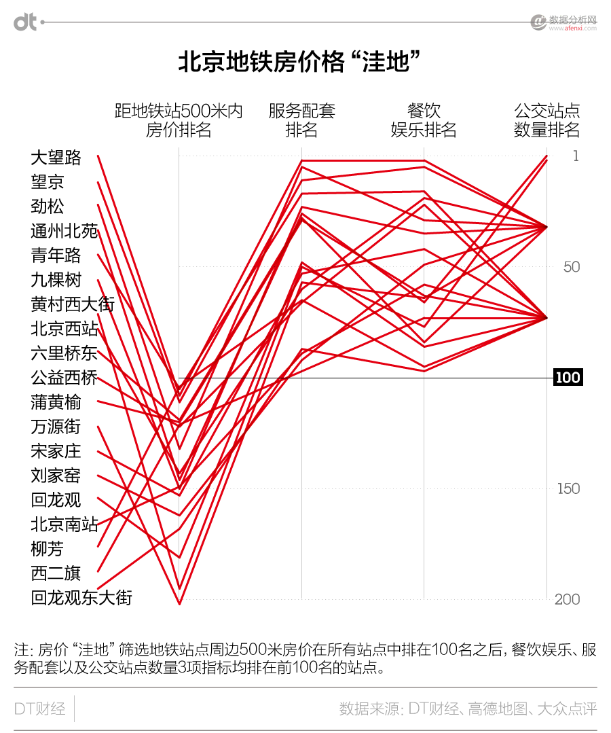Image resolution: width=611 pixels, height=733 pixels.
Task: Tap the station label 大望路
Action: click(56, 158)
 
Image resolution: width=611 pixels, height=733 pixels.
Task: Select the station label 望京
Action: click(48, 182)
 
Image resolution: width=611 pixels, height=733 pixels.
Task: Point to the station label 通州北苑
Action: click(64, 231)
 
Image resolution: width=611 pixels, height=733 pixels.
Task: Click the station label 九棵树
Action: click(56, 280)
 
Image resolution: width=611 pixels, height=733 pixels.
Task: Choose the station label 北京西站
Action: click(64, 329)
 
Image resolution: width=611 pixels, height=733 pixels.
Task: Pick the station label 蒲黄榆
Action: click(56, 402)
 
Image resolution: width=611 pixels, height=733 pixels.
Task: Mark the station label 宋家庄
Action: click(56, 451)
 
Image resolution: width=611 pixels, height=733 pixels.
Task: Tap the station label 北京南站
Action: click(64, 524)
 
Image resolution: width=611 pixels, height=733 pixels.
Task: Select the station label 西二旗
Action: click(56, 573)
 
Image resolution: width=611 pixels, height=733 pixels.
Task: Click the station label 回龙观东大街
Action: click(81, 598)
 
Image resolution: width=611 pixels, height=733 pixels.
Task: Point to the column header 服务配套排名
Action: click(302, 120)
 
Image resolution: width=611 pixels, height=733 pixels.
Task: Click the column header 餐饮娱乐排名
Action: click(424, 120)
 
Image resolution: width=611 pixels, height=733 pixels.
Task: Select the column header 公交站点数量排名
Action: click(547, 120)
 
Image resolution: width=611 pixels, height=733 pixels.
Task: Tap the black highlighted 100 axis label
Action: click(568, 378)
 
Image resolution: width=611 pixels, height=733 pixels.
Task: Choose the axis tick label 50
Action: click(572, 267)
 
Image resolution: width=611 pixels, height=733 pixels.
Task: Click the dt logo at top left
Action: click(25, 22)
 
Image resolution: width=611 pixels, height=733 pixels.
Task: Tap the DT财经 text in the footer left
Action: click(40, 709)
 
